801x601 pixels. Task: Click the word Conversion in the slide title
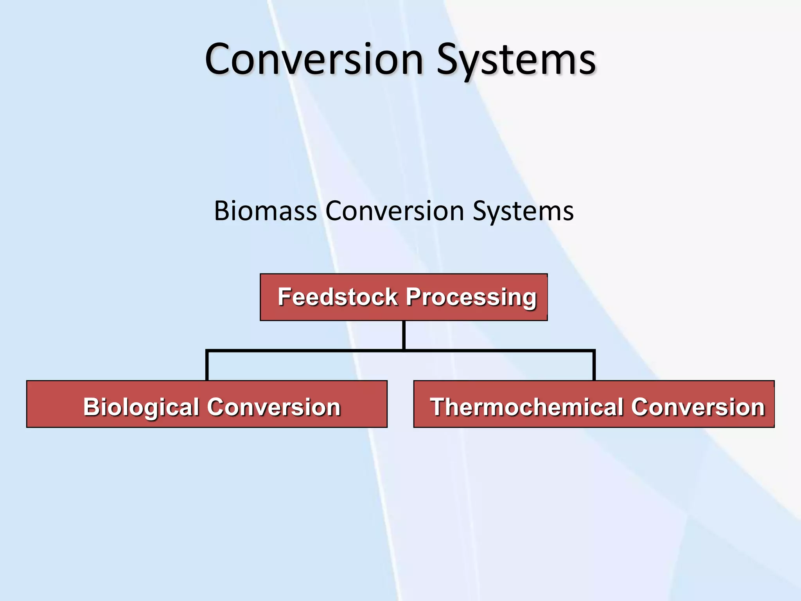(x=314, y=59)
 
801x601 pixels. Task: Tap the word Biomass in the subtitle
(x=265, y=211)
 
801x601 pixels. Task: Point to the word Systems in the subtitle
(x=523, y=211)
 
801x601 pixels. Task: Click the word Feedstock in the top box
(x=338, y=297)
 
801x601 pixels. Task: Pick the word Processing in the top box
(x=471, y=297)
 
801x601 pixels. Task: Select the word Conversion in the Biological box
(x=274, y=407)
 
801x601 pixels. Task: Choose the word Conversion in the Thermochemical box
(x=698, y=407)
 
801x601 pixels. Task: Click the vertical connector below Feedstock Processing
(x=404, y=335)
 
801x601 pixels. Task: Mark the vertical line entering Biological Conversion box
(x=207, y=366)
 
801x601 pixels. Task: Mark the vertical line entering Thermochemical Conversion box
(x=594, y=366)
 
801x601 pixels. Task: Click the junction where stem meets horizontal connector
(x=404, y=351)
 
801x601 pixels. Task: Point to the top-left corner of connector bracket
(x=207, y=351)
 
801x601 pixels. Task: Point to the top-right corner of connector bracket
(x=594, y=351)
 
